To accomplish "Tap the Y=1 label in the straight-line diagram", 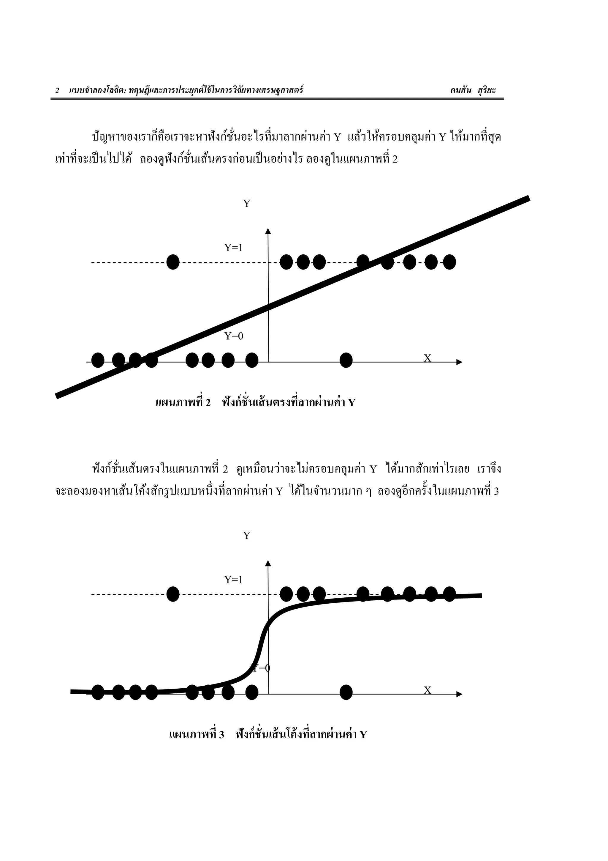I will [233, 248].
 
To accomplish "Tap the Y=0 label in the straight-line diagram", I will [234, 336].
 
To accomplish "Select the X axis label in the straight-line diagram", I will [427, 358].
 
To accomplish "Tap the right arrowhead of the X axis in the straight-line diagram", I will [459, 362].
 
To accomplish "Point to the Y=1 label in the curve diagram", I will [233, 580].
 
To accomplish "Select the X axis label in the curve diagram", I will [427, 690].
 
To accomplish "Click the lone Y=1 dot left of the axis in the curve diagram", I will [173, 594].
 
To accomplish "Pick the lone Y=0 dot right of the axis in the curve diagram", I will [346, 692].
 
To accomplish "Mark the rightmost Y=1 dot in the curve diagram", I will [449, 594].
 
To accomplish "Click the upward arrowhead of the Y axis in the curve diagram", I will [268, 563].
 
